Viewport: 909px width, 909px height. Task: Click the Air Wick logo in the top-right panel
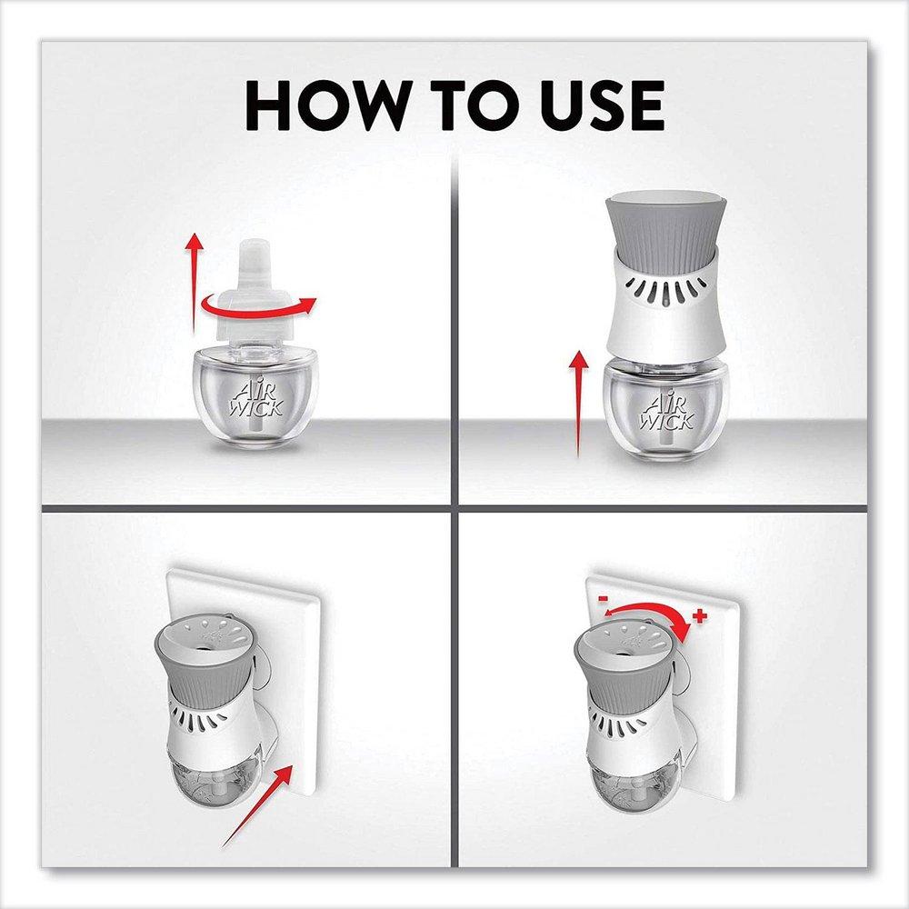point(664,409)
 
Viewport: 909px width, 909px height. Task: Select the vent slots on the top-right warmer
point(662,295)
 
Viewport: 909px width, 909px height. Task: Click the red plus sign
point(699,616)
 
